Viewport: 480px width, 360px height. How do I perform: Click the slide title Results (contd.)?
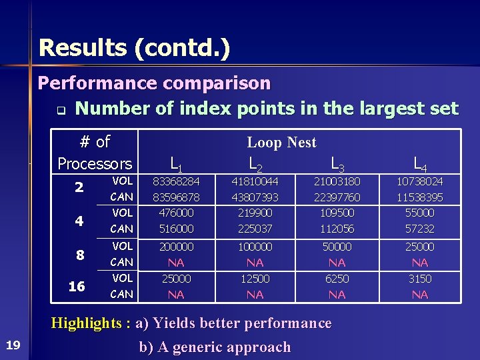[134, 48]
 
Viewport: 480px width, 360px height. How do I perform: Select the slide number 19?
[13, 344]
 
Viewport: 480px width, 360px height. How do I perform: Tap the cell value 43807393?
[255, 197]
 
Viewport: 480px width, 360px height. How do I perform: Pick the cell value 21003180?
[337, 181]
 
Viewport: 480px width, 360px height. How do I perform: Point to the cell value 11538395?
[420, 197]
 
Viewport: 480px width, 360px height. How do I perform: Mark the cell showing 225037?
[255, 229]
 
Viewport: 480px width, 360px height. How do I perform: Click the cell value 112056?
[337, 229]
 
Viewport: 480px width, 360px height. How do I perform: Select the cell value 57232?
[420, 229]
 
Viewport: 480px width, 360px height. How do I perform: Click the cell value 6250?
[337, 279]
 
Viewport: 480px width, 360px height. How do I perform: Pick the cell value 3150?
[420, 279]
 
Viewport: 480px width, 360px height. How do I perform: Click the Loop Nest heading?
[281, 142]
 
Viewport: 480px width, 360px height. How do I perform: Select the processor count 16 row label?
[77, 287]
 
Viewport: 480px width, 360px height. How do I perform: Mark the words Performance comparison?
[155, 83]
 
